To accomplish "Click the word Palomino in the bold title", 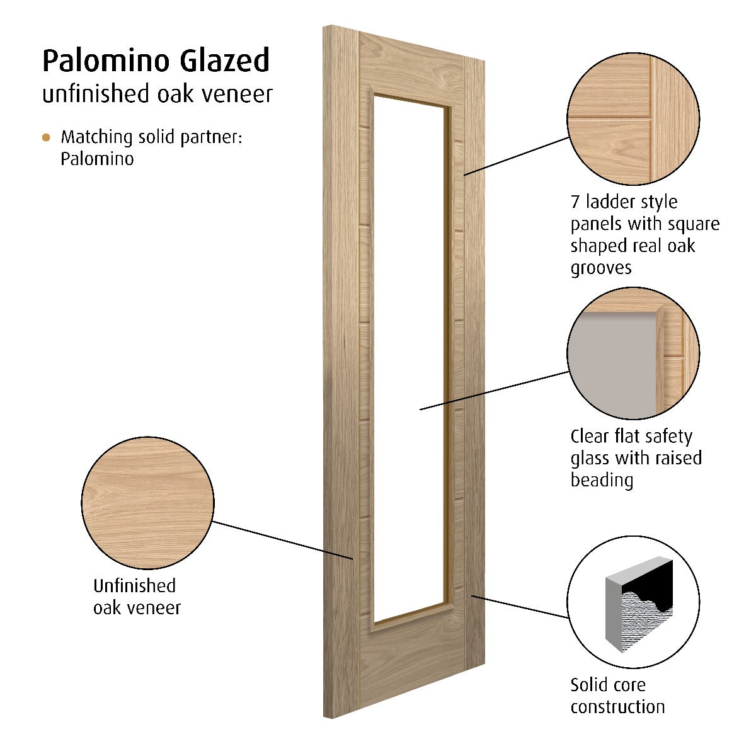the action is (x=106, y=62).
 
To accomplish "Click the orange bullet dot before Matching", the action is (x=46, y=137).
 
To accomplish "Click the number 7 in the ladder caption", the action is (x=575, y=202).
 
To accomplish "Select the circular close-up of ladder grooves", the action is (x=633, y=118).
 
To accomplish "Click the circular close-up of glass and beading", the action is (x=633, y=353).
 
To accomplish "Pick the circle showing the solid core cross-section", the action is (x=633, y=602).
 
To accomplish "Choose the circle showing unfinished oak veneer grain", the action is (x=148, y=503).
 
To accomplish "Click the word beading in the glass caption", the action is (x=602, y=481).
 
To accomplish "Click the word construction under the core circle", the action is (x=618, y=707).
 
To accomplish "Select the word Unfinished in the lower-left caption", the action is (x=135, y=586).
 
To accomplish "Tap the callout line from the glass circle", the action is (x=495, y=391).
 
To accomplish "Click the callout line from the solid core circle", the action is (x=520, y=607).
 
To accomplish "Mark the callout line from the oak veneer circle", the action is (x=282, y=540).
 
